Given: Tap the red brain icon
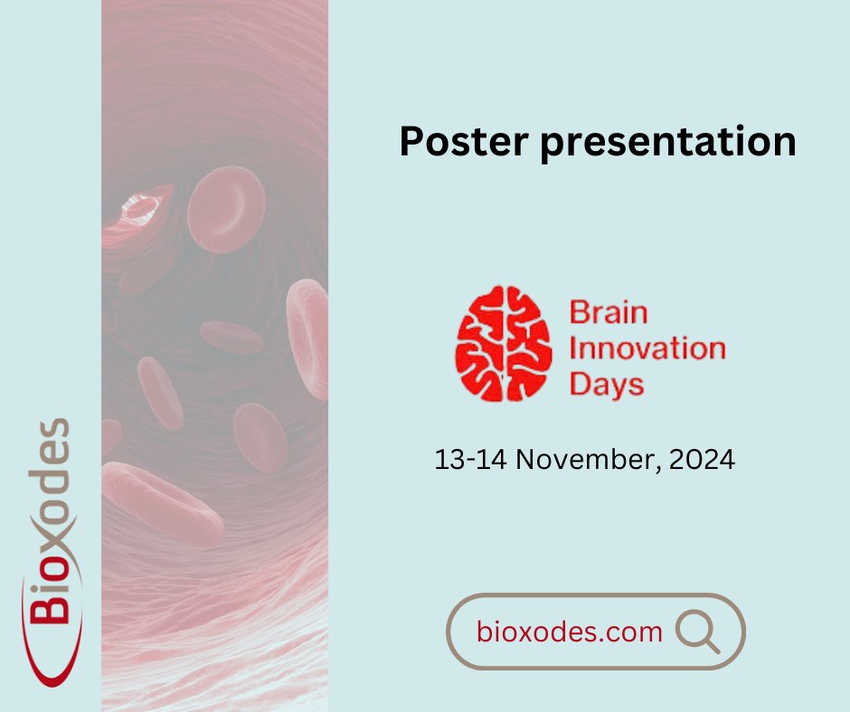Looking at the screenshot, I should click(x=504, y=344).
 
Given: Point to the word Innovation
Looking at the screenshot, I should click(x=647, y=349).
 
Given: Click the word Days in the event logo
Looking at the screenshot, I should click(x=606, y=384).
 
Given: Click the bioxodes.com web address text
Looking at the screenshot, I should click(x=569, y=631).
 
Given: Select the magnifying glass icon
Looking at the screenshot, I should click(x=697, y=631).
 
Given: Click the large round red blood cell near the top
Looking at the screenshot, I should click(x=226, y=209).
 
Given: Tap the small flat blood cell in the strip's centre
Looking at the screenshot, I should click(x=231, y=336).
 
